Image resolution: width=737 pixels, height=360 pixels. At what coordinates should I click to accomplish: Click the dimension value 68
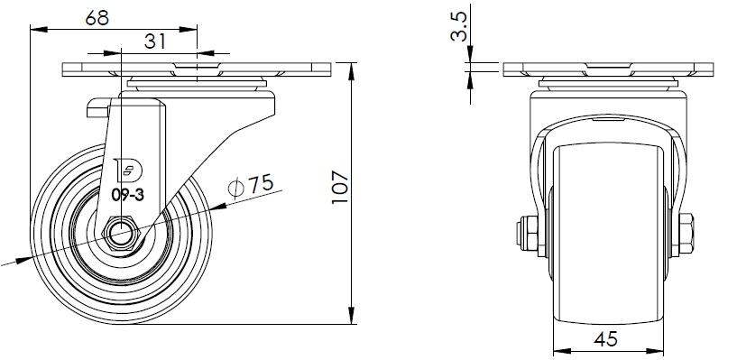97,18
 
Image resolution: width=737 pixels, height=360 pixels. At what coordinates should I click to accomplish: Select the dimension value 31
154,42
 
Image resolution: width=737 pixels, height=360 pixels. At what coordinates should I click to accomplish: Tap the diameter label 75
261,183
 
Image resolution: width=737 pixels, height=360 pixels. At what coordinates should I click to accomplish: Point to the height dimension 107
340,187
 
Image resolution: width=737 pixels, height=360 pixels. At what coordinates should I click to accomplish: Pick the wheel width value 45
605,339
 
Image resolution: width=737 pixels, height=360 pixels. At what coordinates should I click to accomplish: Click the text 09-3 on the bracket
128,195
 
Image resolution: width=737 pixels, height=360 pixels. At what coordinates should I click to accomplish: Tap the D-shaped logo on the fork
130,171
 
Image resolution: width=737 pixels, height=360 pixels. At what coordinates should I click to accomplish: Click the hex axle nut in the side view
121,232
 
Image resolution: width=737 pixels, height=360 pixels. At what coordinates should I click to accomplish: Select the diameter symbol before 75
236,188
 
